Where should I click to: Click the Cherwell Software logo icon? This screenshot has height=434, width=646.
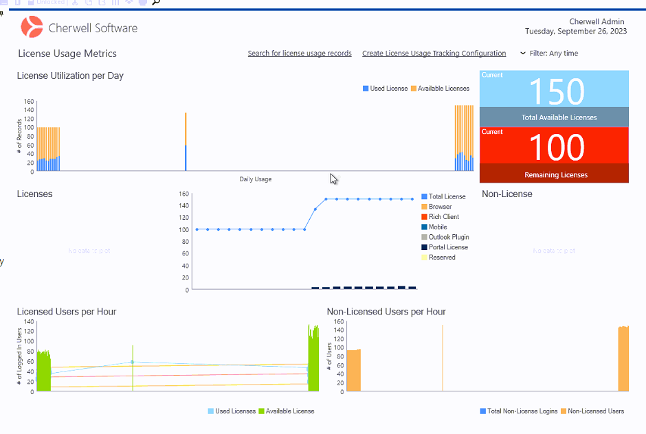point(32,27)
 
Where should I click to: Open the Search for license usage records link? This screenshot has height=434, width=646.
point(300,54)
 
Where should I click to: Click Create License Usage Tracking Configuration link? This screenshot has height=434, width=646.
point(434,54)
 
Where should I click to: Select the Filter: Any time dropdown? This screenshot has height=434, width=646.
point(549,54)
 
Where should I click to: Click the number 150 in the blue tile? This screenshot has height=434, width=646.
point(557,91)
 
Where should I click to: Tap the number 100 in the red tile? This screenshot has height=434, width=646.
point(557,148)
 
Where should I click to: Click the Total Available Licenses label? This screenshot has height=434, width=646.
point(559,117)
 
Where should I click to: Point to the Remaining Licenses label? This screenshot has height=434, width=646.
point(556,175)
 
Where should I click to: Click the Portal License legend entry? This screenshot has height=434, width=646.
point(448,247)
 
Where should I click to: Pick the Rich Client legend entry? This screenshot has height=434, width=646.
point(443,217)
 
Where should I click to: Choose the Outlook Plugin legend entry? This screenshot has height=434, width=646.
point(449,237)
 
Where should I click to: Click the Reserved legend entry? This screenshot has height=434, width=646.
point(442,258)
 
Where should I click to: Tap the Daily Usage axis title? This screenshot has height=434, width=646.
point(255,180)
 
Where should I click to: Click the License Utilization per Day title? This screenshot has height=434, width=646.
point(70,76)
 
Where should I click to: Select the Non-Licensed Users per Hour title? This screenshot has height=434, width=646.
point(386,312)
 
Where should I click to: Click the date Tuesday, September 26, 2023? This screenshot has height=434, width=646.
point(576,32)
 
